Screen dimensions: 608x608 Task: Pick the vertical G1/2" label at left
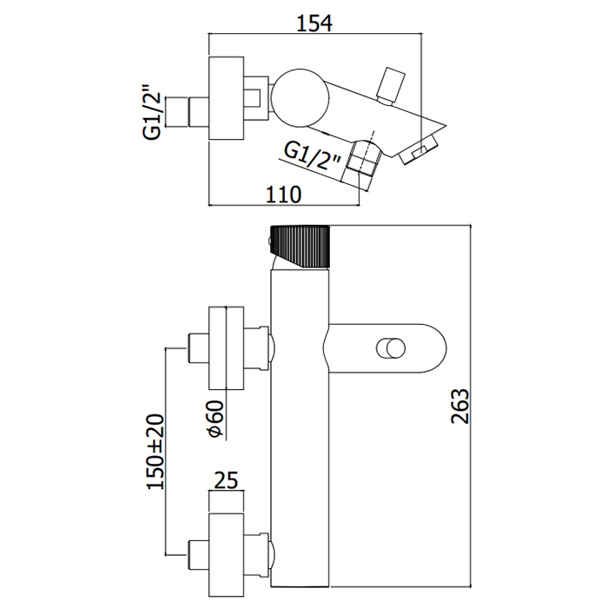pos(153,110)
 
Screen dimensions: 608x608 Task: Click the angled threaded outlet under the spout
pos(364,162)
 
